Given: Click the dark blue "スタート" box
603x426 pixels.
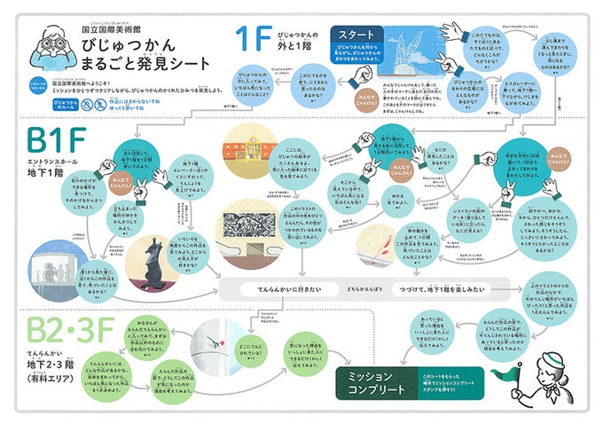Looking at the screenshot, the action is click(357, 35).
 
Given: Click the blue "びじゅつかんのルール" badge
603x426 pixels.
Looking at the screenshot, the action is click(67, 102).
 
